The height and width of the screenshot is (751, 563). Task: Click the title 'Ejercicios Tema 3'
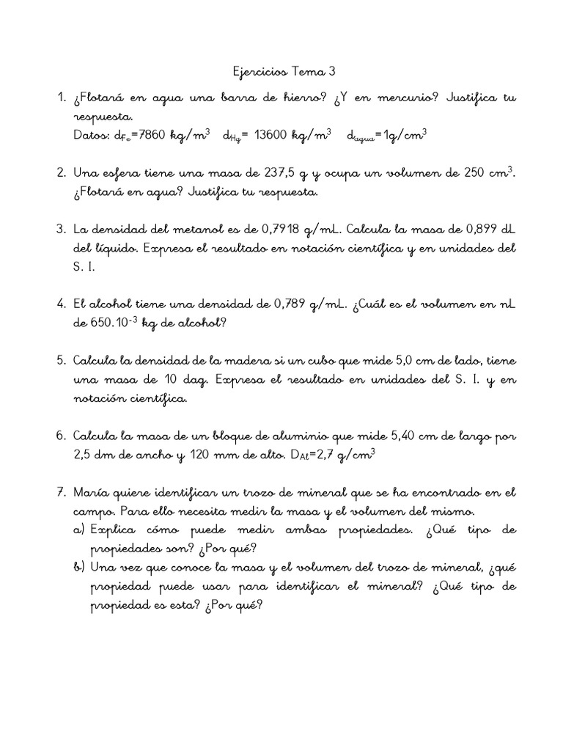click(x=281, y=72)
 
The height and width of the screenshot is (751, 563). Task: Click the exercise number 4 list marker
click(x=61, y=302)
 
